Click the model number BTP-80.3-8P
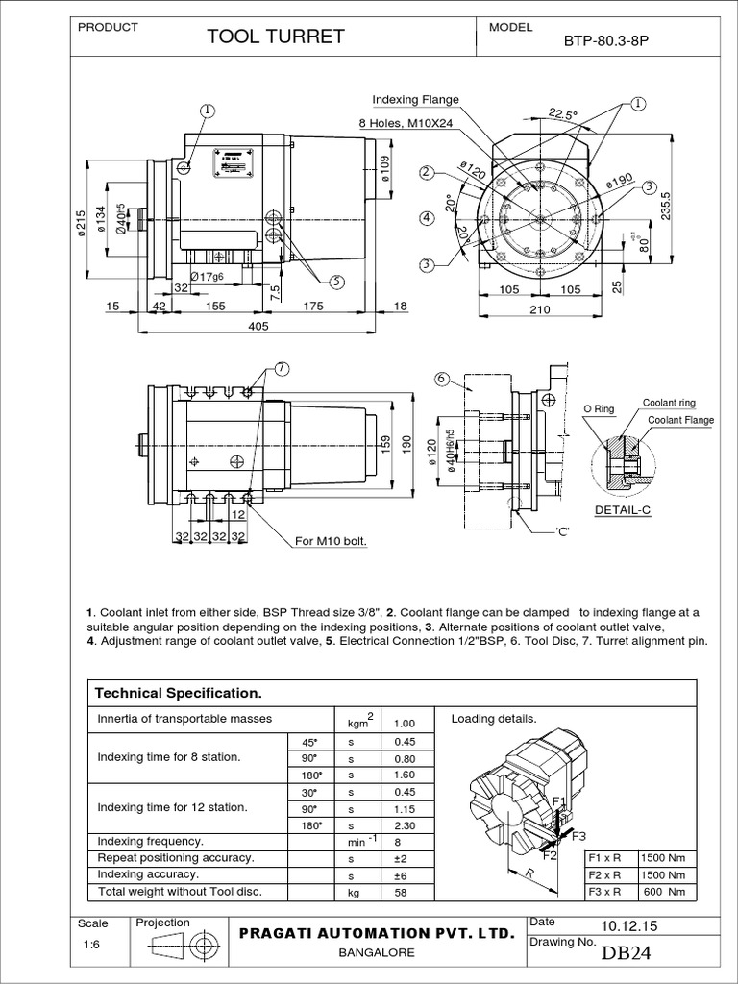click(605, 42)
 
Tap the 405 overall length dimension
click(257, 326)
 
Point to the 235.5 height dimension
click(662, 205)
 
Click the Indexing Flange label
click(415, 100)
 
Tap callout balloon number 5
click(337, 282)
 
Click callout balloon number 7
click(282, 369)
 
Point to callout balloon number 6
click(441, 379)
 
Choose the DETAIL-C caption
click(623, 509)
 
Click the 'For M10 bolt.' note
click(332, 542)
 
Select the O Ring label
click(599, 409)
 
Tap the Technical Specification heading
click(175, 693)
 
